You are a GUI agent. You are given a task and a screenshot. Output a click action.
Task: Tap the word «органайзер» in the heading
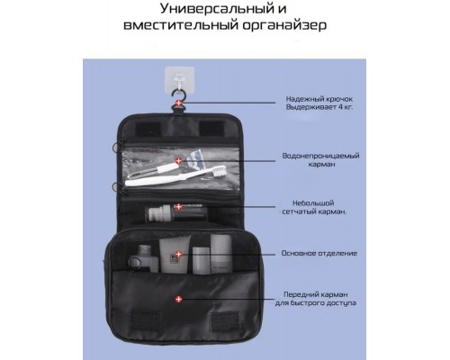tap(284, 25)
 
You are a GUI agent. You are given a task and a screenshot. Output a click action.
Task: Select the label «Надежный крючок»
tap(319, 99)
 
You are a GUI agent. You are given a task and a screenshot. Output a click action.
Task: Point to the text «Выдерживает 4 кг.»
tap(319, 107)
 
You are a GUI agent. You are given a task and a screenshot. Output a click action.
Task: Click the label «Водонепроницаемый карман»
tap(320, 160)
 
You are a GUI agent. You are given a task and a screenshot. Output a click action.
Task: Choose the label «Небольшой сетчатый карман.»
tap(314, 207)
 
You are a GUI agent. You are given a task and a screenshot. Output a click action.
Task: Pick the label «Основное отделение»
tap(319, 253)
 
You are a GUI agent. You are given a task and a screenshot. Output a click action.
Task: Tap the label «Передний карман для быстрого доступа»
tap(316, 299)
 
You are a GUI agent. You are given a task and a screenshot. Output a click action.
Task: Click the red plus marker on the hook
tap(179, 103)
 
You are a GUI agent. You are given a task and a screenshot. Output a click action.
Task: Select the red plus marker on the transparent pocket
tap(179, 161)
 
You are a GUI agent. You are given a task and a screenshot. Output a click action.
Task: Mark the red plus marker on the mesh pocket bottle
tap(179, 206)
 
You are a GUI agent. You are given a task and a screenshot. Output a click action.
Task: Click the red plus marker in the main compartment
tap(179, 254)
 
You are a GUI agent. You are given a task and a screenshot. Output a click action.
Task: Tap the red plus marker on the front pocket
tap(179, 299)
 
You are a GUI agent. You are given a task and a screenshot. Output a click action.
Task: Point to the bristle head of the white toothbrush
tap(220, 171)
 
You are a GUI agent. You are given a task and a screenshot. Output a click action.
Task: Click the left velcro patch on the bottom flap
tap(145, 320)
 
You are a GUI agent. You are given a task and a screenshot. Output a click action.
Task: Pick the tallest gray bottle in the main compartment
tap(221, 254)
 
